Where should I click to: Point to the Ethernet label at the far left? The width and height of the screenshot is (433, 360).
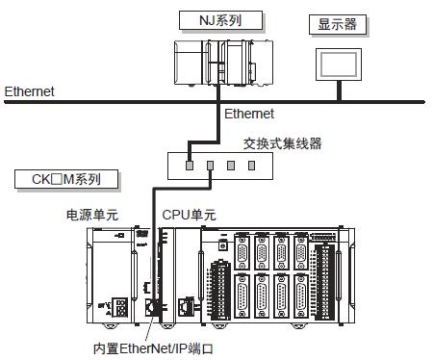tap(29, 92)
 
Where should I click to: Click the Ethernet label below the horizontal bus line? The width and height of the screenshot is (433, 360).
tap(249, 114)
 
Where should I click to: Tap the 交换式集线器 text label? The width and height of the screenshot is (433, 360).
tap(282, 144)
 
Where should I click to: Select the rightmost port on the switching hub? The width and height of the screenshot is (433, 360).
tap(251, 165)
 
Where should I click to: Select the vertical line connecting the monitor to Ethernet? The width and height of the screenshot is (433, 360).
tap(338, 90)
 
